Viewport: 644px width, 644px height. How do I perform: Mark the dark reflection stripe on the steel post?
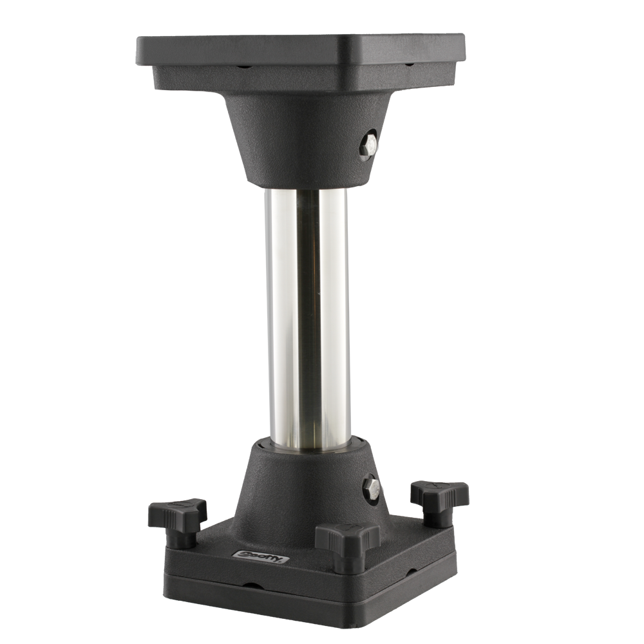pyautogui.click(x=308, y=309)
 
